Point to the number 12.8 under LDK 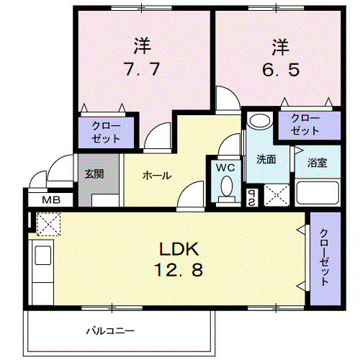179,271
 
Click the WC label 226,168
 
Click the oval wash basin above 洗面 259,121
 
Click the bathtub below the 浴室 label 317,193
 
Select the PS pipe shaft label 252,195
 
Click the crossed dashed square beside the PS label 275,195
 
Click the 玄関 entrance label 94,174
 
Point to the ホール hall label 156,175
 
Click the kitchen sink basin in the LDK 42,256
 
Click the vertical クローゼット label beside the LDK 324,258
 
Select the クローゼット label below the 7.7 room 107,130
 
